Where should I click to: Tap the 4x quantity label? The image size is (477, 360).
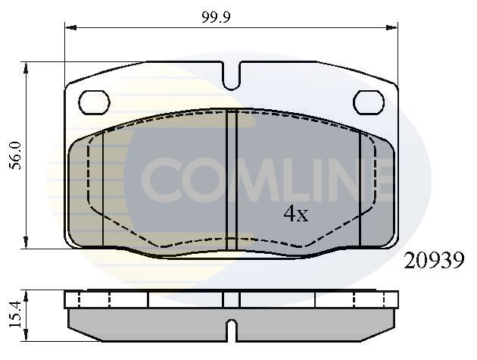(295, 214)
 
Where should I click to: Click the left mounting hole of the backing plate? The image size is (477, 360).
(95, 101)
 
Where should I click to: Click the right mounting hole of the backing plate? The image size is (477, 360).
(369, 101)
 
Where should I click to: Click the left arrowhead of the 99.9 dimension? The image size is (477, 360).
(70, 27)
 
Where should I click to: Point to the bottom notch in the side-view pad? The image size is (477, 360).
(232, 331)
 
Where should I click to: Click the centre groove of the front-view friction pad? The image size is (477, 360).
(232, 182)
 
